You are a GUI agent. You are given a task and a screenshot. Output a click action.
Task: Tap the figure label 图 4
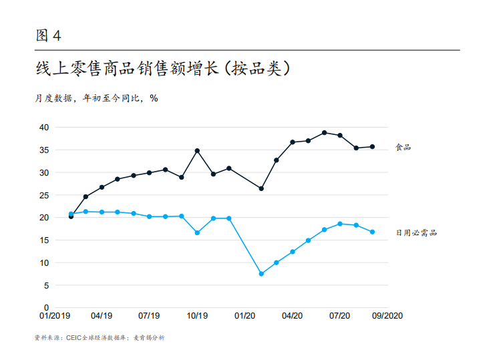[48, 35]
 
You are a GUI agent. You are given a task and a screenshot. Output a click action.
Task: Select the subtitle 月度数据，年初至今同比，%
[97, 98]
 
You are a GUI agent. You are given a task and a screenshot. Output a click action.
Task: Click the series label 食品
[403, 147]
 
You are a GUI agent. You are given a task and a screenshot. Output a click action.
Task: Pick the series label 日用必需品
[416, 232]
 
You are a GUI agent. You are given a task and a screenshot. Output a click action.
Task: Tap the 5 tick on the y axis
[46, 285]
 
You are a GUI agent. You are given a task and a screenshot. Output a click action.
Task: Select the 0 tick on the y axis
[46, 308]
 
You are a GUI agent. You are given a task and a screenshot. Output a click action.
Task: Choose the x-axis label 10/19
[196, 316]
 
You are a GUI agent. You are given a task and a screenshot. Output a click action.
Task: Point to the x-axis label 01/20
[245, 316]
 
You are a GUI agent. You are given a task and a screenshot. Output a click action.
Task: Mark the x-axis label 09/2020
[387, 316]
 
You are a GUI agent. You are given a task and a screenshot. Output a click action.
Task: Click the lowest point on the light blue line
[261, 274]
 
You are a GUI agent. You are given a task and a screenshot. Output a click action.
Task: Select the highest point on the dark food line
[324, 132]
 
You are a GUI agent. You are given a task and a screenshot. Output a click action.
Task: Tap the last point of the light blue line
[372, 232]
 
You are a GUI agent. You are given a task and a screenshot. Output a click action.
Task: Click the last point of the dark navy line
[372, 146]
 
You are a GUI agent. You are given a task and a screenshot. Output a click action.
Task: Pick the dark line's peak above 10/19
[197, 150]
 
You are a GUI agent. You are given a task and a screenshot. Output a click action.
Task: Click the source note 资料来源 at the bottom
[99, 338]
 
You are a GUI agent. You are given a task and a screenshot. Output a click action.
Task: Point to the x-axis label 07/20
[341, 316]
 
